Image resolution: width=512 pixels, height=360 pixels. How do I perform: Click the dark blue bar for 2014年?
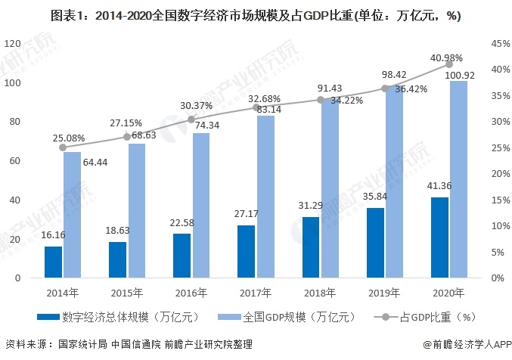click(53, 262)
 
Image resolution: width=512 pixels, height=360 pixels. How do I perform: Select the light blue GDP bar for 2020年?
click(459, 179)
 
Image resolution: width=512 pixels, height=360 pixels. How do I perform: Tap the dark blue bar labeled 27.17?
click(247, 252)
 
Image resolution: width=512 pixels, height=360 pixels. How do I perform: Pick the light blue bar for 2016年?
click(201, 206)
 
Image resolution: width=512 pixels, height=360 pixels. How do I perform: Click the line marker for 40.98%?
click(449, 64)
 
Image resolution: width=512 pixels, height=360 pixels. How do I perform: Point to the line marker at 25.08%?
click(63, 147)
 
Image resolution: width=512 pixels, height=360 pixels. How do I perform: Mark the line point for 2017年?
click(256, 107)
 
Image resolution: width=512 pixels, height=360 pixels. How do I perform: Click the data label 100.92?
click(460, 76)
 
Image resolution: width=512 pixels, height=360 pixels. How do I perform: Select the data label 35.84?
click(375, 197)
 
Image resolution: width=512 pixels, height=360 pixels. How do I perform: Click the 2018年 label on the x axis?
click(320, 293)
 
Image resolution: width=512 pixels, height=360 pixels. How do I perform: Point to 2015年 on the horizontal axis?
click(127, 293)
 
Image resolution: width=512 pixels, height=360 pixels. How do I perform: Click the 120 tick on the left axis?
click(12, 43)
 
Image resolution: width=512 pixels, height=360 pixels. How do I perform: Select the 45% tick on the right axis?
click(501, 43)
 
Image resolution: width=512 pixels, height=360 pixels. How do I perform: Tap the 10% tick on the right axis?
click(501, 225)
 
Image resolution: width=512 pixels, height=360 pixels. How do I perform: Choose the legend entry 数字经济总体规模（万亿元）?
click(118, 317)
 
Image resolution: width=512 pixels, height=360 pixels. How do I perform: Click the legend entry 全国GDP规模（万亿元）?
click(286, 317)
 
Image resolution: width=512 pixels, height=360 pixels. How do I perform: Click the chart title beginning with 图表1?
click(256, 15)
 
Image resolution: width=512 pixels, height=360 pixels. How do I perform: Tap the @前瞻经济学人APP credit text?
click(467, 344)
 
